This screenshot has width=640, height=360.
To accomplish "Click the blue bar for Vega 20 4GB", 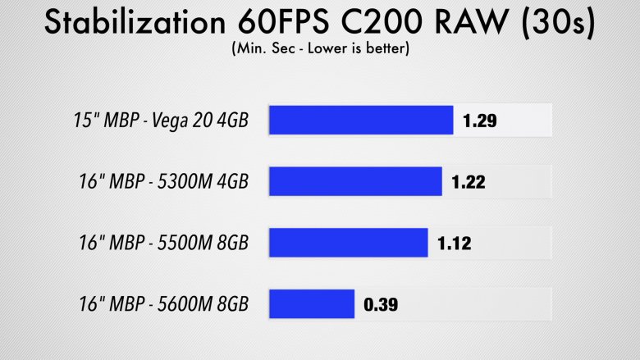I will [x=361, y=121].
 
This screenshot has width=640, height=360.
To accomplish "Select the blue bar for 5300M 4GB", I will [x=356, y=182].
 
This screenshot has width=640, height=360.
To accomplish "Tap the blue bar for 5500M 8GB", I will [x=349, y=243].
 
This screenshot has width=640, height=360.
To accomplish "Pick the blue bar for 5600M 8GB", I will [x=312, y=304].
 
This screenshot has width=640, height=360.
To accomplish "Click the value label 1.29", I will [x=479, y=121].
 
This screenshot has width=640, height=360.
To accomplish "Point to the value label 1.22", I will [x=469, y=182].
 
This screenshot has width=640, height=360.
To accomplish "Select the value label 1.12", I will [x=454, y=244].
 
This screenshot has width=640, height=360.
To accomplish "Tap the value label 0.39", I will [x=380, y=305].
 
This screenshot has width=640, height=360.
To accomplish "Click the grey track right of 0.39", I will [x=476, y=305].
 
